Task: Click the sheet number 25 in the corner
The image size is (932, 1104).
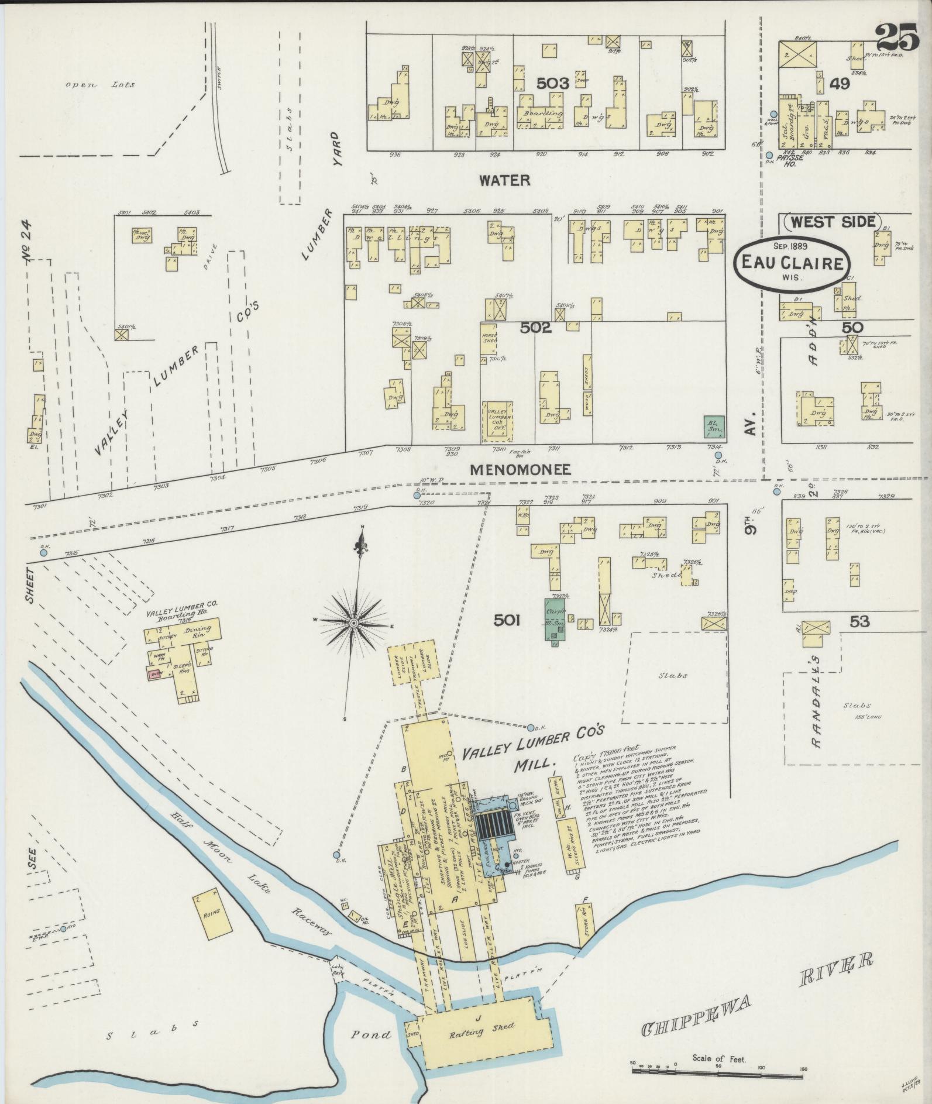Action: point(897,39)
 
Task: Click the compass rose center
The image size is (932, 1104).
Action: point(353,624)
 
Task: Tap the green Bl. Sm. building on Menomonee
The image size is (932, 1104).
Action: point(714,427)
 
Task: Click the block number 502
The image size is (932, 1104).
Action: point(536,328)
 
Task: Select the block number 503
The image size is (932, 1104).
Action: point(552,84)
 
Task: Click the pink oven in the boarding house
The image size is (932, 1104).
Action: point(155,674)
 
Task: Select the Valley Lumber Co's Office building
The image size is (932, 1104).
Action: point(497,421)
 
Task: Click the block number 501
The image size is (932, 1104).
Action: point(507,620)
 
